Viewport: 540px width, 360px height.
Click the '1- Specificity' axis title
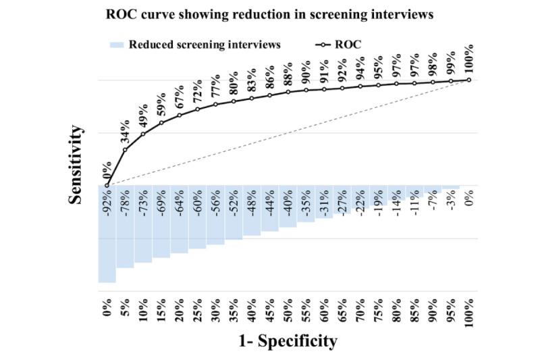click(288, 341)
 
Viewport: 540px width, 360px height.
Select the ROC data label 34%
click(126, 134)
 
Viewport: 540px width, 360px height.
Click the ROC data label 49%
click(144, 118)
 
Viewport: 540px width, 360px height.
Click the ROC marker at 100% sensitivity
click(469, 80)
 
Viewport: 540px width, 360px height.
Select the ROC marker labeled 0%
click(107, 185)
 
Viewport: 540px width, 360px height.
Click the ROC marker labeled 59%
click(161, 123)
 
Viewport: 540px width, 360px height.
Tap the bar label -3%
click(451, 201)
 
